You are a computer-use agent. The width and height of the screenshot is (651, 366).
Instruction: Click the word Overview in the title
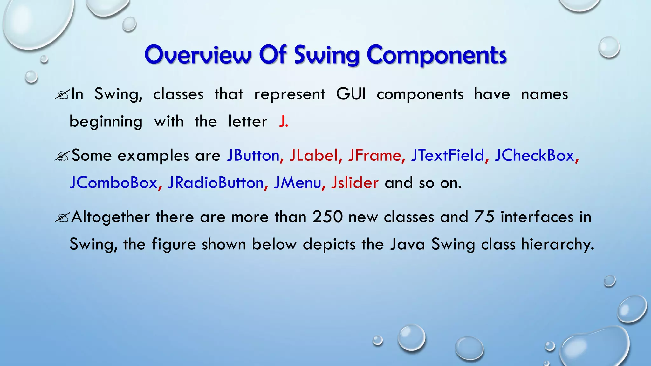click(x=198, y=55)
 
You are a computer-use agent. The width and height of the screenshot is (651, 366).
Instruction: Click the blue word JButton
click(x=253, y=155)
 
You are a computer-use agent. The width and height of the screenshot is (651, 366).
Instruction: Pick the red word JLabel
click(x=313, y=155)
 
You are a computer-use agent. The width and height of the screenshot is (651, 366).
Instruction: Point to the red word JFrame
click(x=374, y=155)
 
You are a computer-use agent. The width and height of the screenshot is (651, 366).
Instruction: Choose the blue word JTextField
click(x=447, y=155)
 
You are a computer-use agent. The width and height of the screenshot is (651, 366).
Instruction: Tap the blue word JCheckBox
click(x=534, y=155)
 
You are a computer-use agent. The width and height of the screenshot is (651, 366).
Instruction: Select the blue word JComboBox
click(x=113, y=183)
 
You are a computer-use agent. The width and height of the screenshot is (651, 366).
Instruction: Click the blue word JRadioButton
click(x=216, y=183)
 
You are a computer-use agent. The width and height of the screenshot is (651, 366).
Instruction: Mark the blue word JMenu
click(x=297, y=183)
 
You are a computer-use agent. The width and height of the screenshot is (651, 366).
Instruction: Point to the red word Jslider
click(x=355, y=183)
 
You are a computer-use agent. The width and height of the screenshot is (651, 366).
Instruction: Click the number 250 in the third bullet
click(x=327, y=217)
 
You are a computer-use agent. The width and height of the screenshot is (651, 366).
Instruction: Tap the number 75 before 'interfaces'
click(x=484, y=217)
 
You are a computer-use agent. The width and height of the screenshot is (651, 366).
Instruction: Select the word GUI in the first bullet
click(x=351, y=94)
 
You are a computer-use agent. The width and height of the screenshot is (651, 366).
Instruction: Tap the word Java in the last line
click(x=407, y=244)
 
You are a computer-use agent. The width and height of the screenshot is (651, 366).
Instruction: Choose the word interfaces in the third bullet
click(x=537, y=217)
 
